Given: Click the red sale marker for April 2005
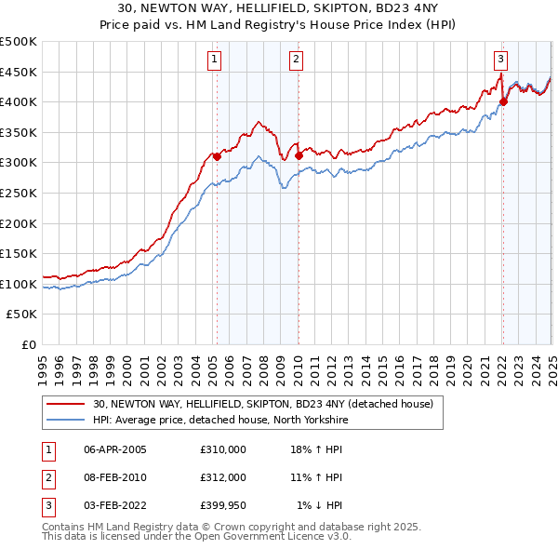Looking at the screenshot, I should click(217, 156).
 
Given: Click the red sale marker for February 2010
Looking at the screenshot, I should click(299, 155).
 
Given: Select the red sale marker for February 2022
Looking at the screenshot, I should click(503, 102).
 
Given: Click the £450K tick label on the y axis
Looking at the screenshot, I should click(19, 72).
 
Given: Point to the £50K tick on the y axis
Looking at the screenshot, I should click(22, 315).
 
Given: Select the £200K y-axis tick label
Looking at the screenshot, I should click(19, 223).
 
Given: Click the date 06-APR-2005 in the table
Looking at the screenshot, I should click(115, 449).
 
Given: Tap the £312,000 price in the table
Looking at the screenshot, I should click(223, 477).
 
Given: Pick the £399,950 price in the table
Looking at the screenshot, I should click(223, 505).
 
